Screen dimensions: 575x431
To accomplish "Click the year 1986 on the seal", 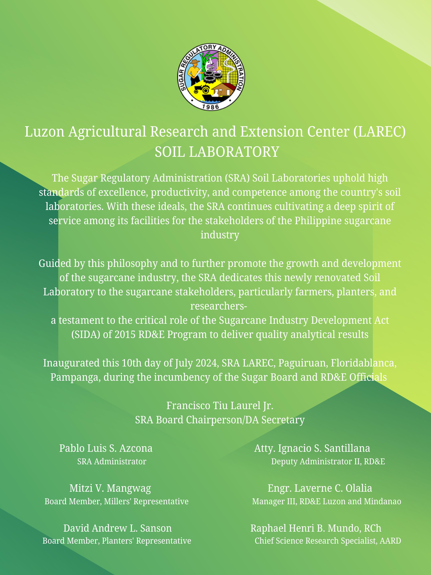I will coord(211,107).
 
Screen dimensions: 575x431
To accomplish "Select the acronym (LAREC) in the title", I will coord(379,132).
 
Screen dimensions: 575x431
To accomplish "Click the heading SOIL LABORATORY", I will coord(217,152).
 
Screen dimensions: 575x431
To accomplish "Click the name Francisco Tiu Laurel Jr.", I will coord(220,406).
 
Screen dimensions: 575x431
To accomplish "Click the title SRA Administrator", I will coord(112,462).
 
